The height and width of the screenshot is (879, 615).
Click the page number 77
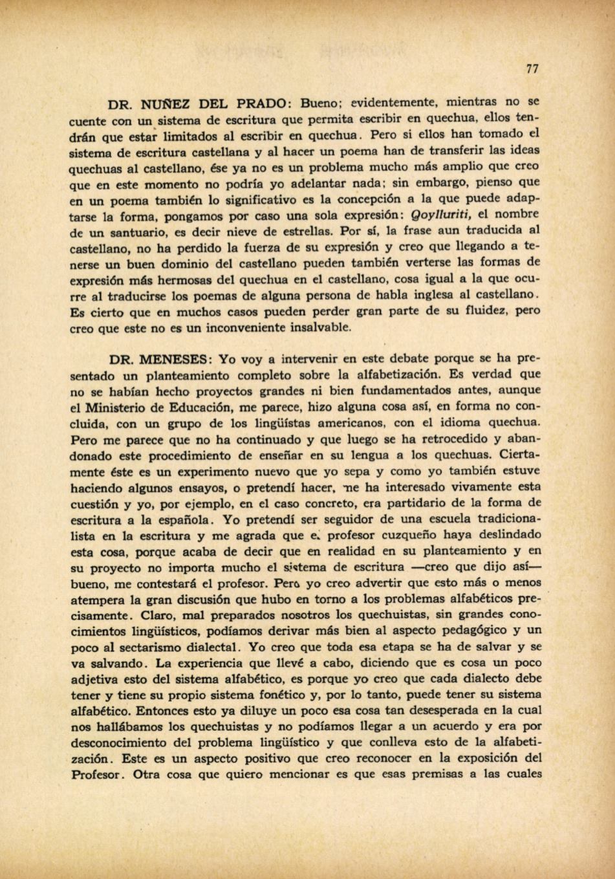pyautogui.click(x=532, y=69)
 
